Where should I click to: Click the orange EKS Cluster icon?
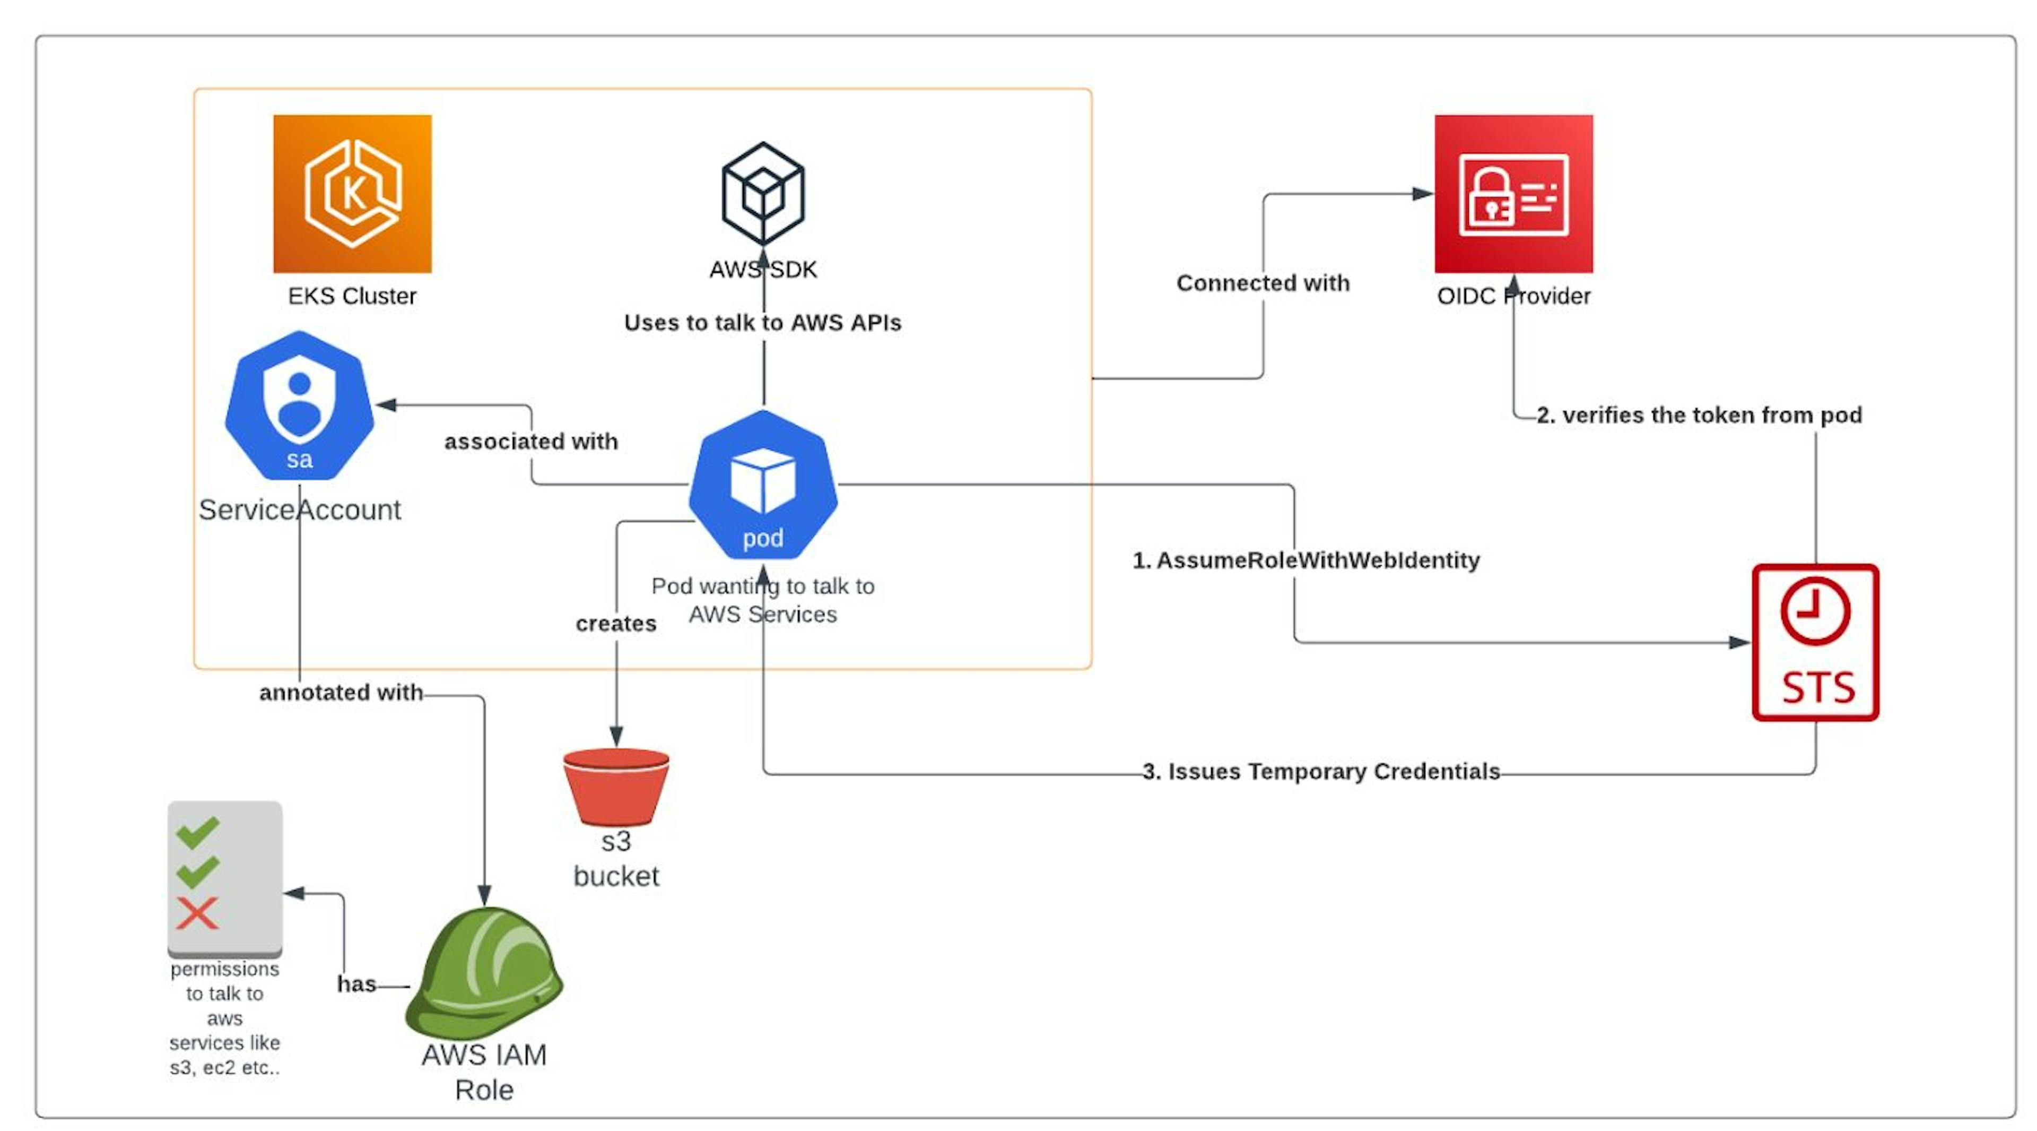pos(352,193)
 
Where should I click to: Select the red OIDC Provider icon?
pos(1513,193)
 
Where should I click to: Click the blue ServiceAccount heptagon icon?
pos(299,405)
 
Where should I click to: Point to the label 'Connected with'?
pos(1263,282)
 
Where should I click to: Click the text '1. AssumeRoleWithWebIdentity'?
pos(1305,560)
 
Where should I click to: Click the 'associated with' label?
pos(530,442)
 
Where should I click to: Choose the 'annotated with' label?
pos(341,692)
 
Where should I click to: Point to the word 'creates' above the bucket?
pos(616,623)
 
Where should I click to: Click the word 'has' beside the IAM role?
pos(356,983)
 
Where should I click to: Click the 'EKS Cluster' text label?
pos(352,296)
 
